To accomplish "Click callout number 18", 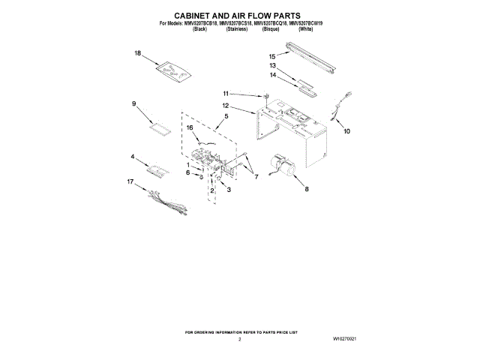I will click(x=138, y=53).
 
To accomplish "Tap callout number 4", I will click(x=133, y=157).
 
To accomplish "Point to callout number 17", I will click(x=130, y=181).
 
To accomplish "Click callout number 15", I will click(x=272, y=56).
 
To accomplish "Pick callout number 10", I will click(x=346, y=131).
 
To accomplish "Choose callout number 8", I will click(x=306, y=190).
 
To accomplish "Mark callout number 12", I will click(x=225, y=107).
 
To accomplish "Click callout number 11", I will click(x=224, y=93).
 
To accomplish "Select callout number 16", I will click(x=190, y=128).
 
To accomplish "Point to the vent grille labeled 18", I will click(x=172, y=72).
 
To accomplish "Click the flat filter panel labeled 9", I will click(x=160, y=124).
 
